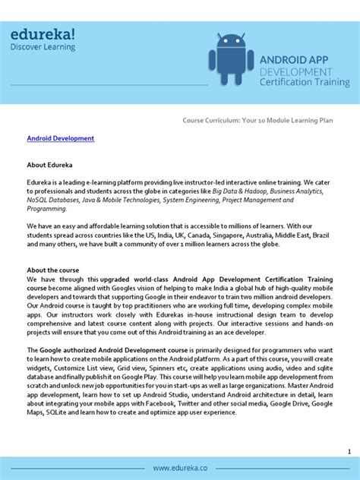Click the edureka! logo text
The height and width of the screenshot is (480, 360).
43,33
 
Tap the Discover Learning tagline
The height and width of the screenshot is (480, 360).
43,47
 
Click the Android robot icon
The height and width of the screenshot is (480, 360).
231,60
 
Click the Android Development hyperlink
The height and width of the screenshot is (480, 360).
61,139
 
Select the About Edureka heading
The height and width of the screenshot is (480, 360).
49,163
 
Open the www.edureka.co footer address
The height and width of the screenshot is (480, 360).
180,468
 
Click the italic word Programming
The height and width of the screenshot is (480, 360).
47,207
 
